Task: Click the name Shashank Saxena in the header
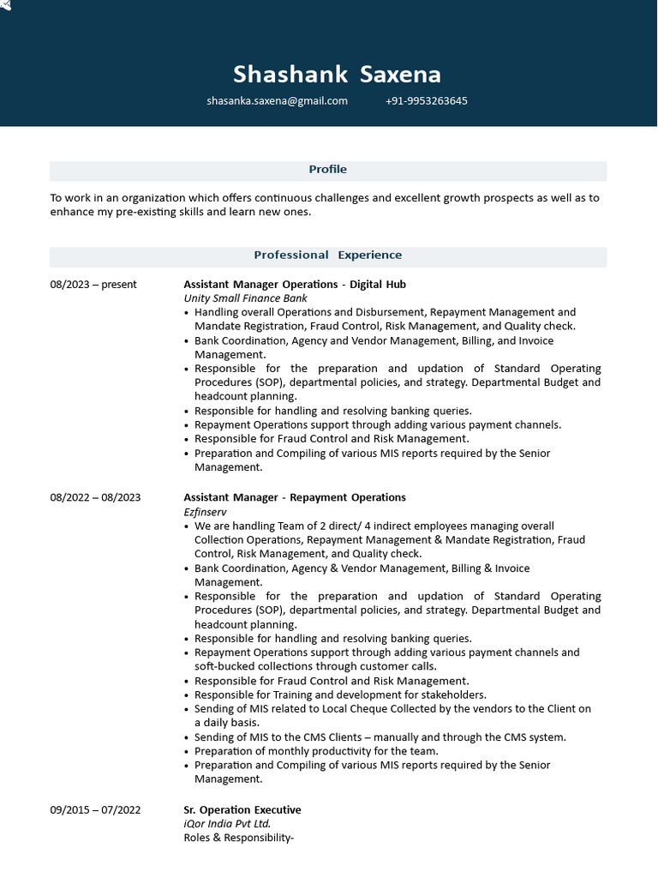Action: coord(337,75)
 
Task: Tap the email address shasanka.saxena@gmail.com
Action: coord(277,101)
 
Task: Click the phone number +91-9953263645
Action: coord(427,101)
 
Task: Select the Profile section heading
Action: coord(327,170)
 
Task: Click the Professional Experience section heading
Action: coord(327,256)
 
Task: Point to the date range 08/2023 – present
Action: coord(93,285)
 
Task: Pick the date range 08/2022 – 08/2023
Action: coord(95,497)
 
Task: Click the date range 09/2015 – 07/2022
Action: coord(95,810)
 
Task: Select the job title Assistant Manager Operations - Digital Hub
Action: coord(295,285)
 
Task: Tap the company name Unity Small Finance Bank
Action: coord(245,298)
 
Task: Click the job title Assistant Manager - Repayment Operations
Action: coord(295,497)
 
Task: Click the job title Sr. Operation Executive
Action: coord(242,810)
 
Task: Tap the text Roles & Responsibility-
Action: coord(238,839)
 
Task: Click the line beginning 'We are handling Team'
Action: coord(374,526)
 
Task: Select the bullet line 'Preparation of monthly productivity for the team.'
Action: coord(316,751)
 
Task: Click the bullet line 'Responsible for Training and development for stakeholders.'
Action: coord(340,695)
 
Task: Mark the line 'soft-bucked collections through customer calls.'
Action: coord(315,667)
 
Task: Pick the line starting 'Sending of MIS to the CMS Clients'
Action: coord(380,737)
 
